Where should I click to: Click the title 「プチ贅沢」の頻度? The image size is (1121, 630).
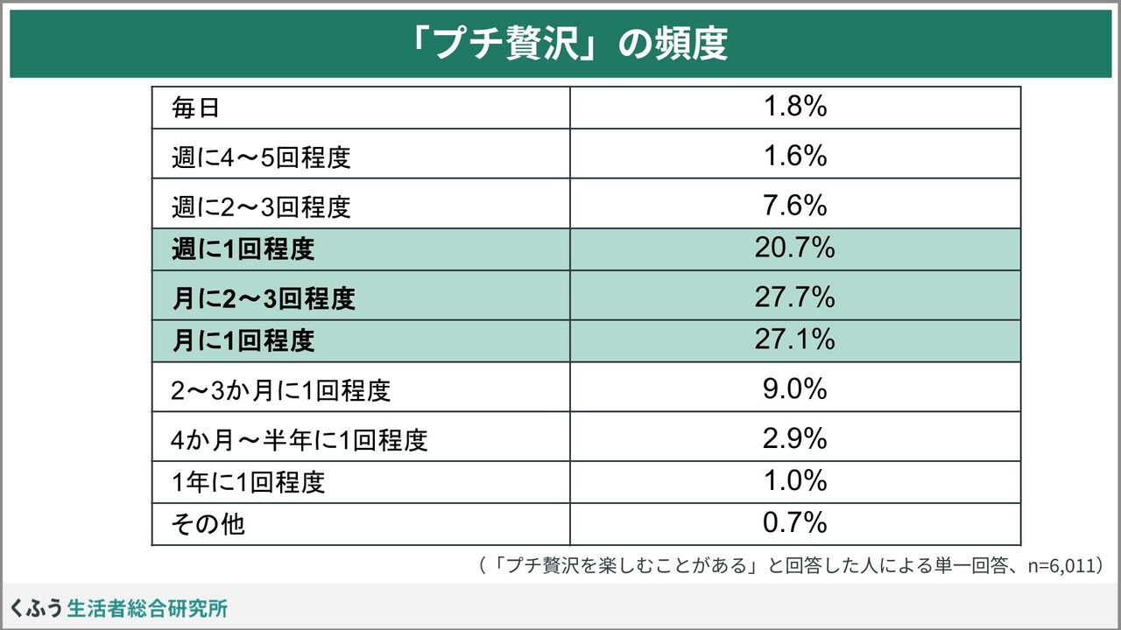[568, 44]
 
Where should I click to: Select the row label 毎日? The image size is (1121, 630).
[195, 108]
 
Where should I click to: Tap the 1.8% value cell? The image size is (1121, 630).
[795, 107]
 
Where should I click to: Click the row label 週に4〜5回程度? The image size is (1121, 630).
[261, 157]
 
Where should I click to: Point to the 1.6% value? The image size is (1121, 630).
[795, 156]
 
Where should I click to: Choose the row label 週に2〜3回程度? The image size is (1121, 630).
[261, 206]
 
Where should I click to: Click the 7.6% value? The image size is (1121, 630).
[795, 205]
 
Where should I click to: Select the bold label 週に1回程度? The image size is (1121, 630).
[243, 248]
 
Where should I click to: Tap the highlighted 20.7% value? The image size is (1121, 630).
[795, 248]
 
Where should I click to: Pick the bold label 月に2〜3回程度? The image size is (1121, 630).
[264, 298]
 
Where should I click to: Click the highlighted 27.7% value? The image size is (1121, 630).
[795, 297]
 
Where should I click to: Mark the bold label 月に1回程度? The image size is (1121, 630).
[243, 340]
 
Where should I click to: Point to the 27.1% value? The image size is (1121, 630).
[795, 339]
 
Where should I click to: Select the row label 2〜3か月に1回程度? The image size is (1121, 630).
[280, 390]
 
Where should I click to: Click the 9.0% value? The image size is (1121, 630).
[795, 388]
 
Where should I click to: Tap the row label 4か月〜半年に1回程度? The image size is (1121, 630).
[300, 440]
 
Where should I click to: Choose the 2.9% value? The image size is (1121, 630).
[795, 438]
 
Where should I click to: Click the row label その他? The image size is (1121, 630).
[208, 524]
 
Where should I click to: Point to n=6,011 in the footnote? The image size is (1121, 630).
[1061, 565]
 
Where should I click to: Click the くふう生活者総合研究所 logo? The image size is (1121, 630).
[118, 608]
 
